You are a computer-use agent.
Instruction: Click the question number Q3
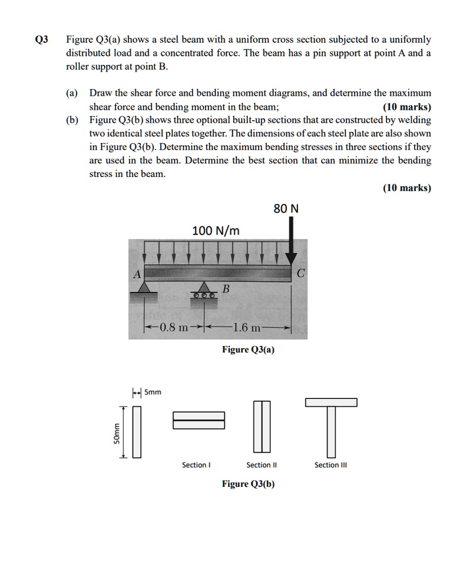42,39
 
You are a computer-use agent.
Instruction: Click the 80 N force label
286,209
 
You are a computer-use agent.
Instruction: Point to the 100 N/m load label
216,230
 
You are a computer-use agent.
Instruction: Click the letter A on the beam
136,274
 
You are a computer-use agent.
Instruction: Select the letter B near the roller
226,289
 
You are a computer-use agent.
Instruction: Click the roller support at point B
204,292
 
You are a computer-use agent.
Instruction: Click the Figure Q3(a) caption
248,350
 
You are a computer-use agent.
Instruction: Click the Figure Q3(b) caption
248,484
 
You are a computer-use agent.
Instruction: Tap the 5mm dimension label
153,392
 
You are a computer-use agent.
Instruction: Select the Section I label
196,465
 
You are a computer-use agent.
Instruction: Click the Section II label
261,465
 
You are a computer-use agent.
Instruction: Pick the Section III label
331,465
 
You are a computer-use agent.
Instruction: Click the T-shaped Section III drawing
331,425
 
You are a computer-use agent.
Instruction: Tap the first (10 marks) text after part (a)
407,106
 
